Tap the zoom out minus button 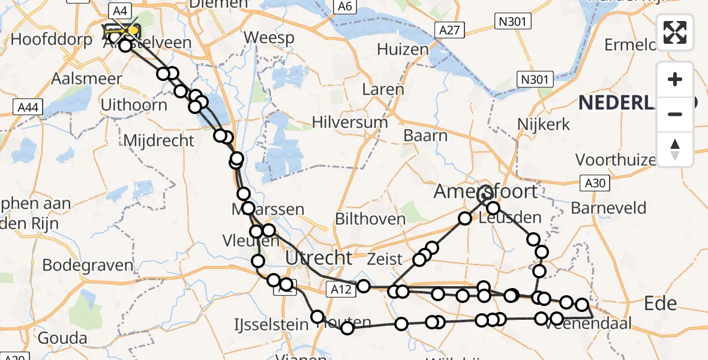pos(675,114)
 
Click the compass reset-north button pos(675,149)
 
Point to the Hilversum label pos(350,122)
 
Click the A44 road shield pos(28,107)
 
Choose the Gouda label pos(63,338)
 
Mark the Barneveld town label pos(609,208)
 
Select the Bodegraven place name pos(88,265)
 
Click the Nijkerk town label pos(544,124)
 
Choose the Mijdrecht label pos(158,140)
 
